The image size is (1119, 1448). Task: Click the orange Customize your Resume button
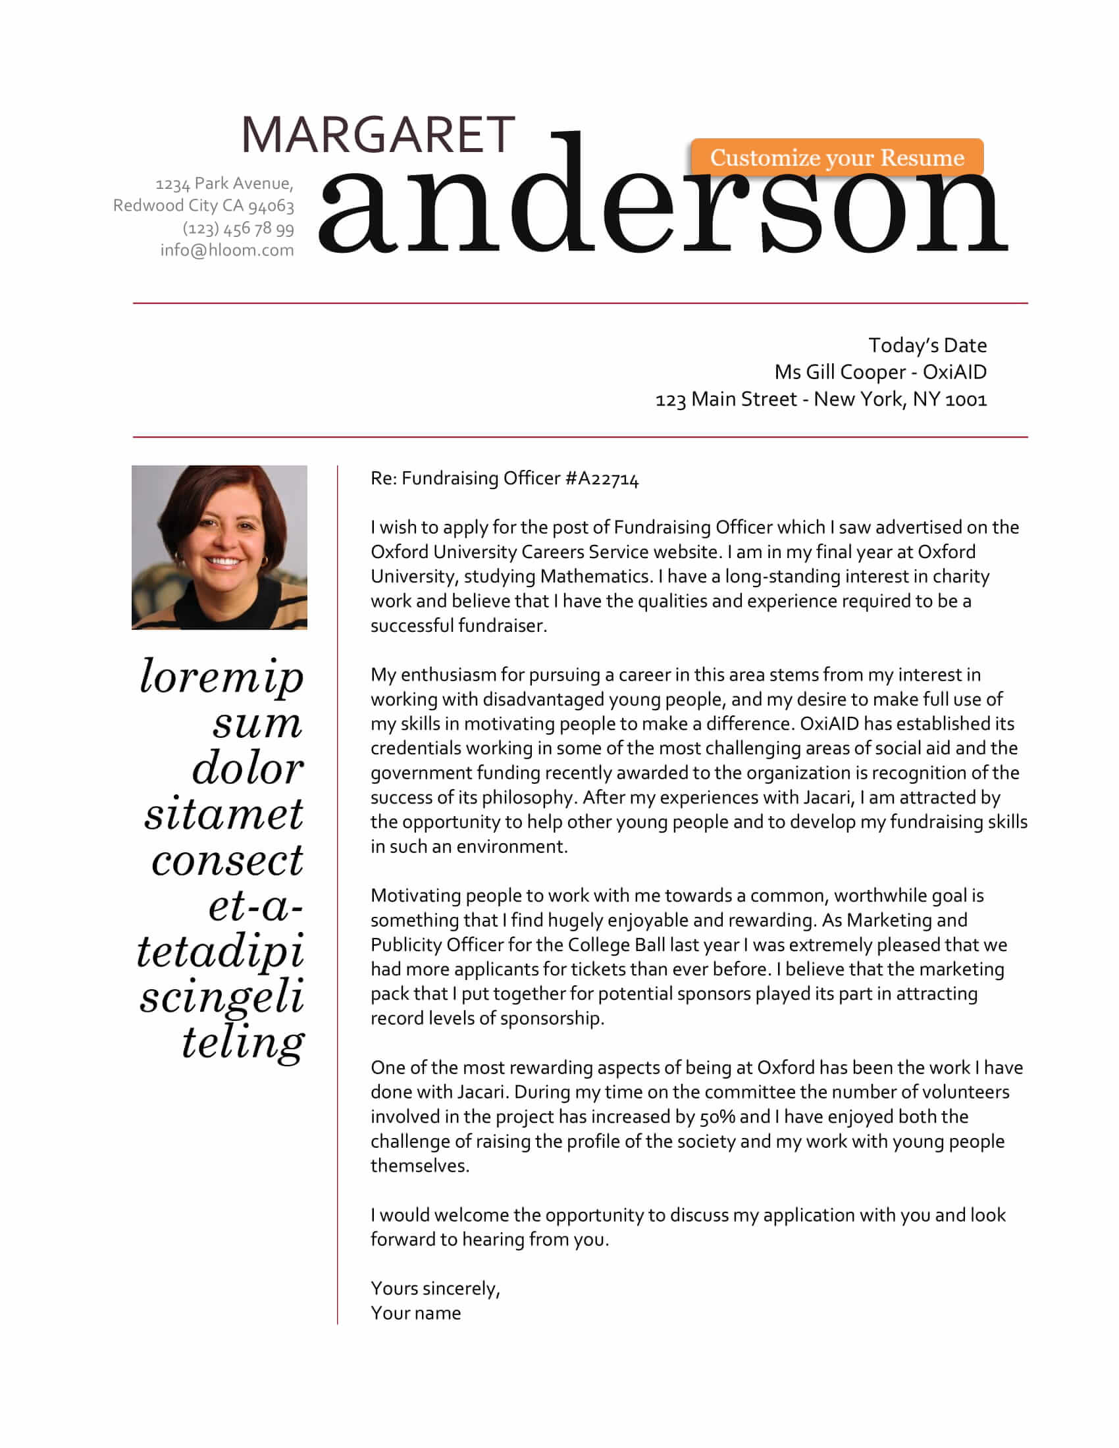837,158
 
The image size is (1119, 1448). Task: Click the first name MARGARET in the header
378,135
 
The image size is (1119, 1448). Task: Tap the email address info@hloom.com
226,251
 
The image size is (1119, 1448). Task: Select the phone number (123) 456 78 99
238,228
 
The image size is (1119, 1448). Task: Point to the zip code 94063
271,206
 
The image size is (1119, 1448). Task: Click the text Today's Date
927,346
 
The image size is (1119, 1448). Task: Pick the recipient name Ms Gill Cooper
840,373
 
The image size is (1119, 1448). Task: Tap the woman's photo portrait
219,547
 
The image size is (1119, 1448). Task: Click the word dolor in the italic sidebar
248,768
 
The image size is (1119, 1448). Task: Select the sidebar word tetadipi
221,952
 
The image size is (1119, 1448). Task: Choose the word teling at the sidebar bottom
244,1043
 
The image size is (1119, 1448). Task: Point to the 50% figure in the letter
717,1117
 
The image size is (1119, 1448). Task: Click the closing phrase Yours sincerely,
435,1288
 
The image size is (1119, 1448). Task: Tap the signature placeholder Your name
415,1314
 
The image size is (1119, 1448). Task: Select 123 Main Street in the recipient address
726,400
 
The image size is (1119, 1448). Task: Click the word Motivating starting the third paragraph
415,896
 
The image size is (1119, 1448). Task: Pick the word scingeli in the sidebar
222,997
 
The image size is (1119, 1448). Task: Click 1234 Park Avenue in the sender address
223,184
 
